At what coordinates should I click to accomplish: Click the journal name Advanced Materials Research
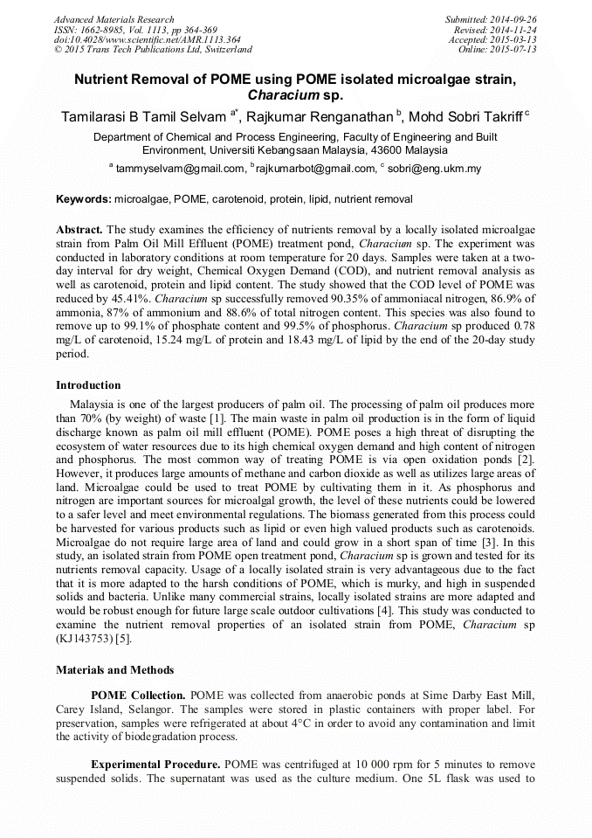click(114, 19)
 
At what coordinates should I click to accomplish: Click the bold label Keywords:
click(84, 200)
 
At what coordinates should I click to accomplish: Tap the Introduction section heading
click(88, 385)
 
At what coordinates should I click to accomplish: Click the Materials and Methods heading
click(114, 670)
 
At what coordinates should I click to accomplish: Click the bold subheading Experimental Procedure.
click(155, 764)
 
